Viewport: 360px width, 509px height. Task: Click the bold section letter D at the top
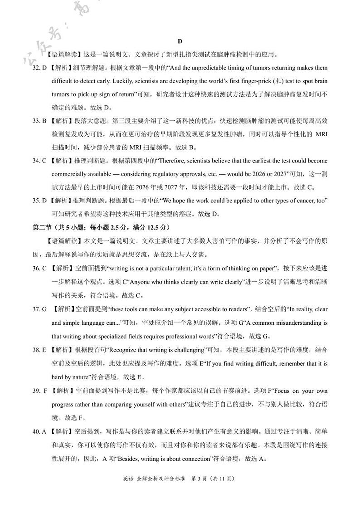pyautogui.click(x=180, y=41)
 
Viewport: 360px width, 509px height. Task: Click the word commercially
pyautogui.click(x=69, y=174)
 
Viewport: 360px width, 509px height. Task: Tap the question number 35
pyautogui.click(x=36, y=201)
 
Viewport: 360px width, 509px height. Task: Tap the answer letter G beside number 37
pyautogui.click(x=44, y=309)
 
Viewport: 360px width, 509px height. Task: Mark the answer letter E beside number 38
pyautogui.click(x=44, y=350)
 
